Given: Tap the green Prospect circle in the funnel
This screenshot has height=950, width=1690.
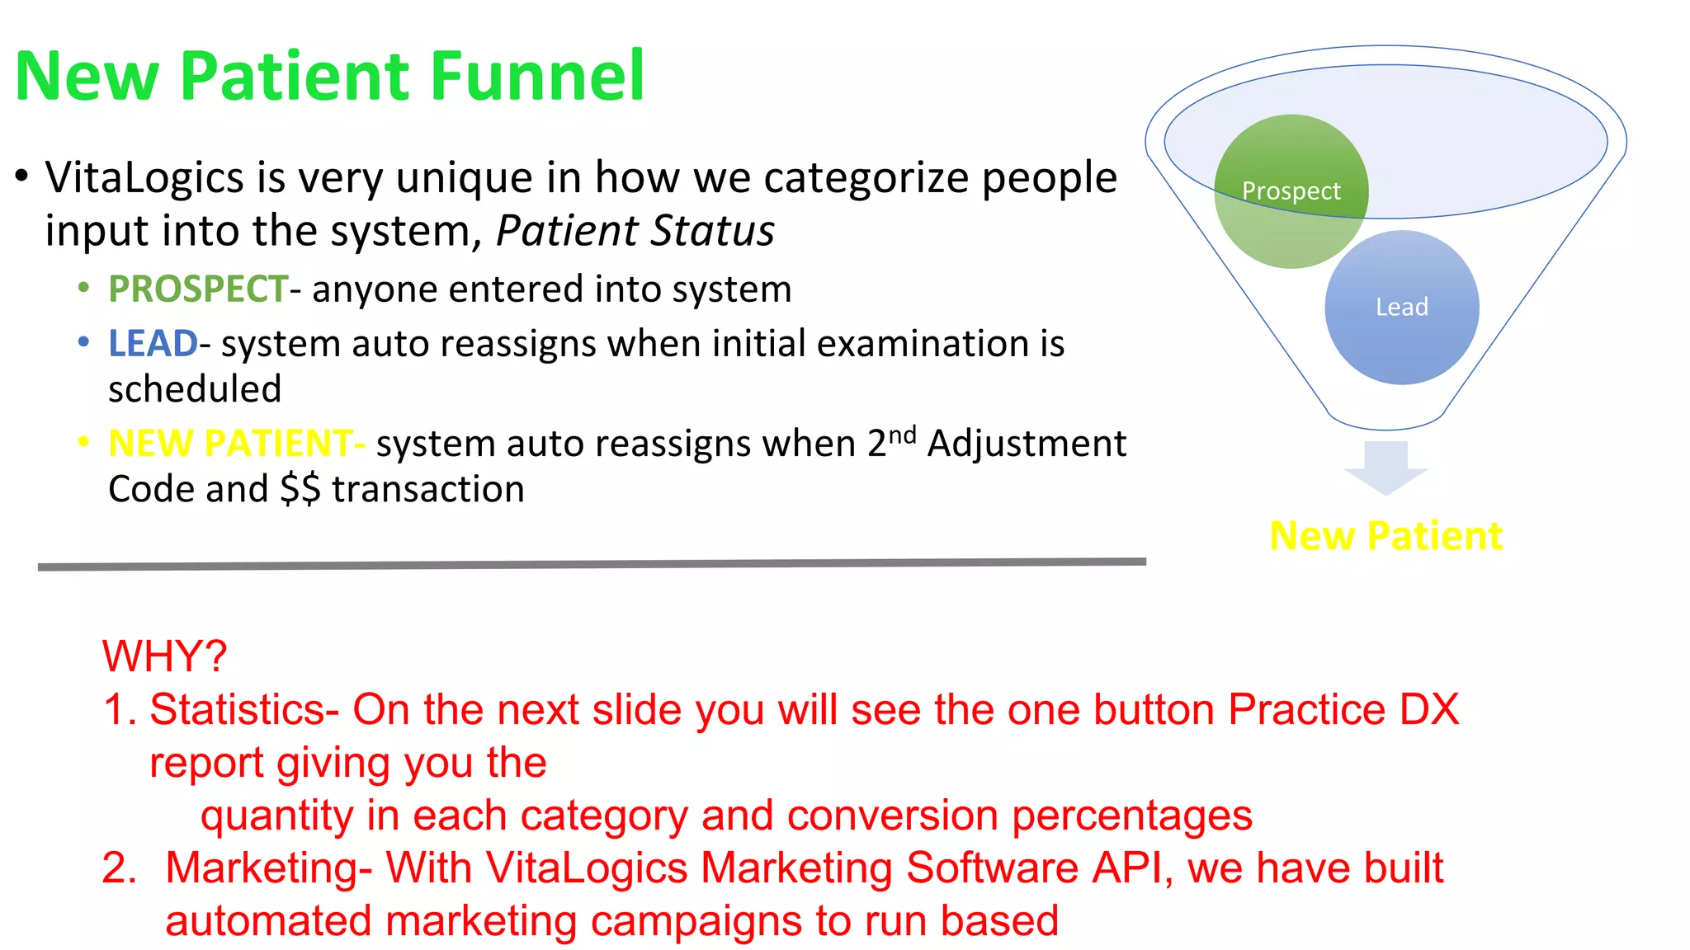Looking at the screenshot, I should point(1291,190).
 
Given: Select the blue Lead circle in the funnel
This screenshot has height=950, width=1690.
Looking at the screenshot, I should point(1401,307).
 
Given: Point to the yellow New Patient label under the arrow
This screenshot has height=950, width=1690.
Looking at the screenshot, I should point(1386,536).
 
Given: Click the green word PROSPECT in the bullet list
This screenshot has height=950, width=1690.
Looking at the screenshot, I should point(198,289).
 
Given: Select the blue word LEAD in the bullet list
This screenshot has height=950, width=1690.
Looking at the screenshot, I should point(153,344).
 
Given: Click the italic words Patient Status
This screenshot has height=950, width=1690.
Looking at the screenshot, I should point(635,231).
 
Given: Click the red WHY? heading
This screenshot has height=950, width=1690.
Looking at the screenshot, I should point(164,656).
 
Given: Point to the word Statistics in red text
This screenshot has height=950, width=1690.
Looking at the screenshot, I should point(238,710).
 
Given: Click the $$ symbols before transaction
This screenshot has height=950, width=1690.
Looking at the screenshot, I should point(300,489).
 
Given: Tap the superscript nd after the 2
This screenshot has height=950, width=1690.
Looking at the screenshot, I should point(902,435).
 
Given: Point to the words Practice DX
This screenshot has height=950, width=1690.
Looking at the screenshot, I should point(1343,710).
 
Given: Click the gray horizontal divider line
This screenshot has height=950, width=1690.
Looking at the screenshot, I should point(592,564).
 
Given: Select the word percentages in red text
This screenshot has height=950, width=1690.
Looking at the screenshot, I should point(1132,816).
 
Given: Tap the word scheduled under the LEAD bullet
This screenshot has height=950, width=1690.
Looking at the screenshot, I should point(195,389).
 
